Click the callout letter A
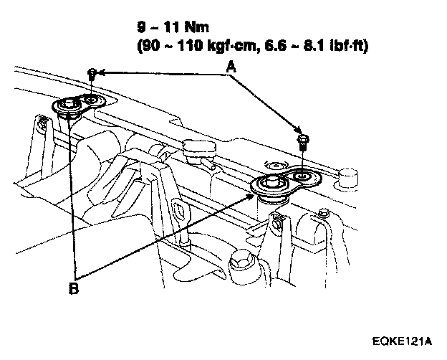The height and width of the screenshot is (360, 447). [x=231, y=66]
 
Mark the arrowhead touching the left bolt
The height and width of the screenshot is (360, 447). [x=101, y=72]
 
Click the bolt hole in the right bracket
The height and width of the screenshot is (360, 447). [x=302, y=176]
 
